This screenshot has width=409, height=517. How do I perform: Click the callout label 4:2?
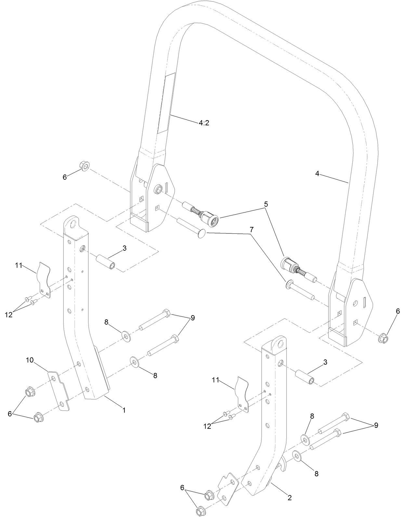(204, 123)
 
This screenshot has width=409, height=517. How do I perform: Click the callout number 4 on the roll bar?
(317, 174)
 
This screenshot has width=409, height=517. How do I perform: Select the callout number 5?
(266, 204)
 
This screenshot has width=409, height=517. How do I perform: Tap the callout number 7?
(251, 229)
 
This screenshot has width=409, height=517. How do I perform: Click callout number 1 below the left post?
(124, 410)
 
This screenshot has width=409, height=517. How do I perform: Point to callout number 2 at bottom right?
(289, 497)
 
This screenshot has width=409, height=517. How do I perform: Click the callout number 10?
(30, 360)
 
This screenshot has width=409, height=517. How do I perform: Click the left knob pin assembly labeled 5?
(202, 216)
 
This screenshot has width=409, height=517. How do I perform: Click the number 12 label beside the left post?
(9, 315)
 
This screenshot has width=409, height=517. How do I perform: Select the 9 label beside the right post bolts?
(376, 425)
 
